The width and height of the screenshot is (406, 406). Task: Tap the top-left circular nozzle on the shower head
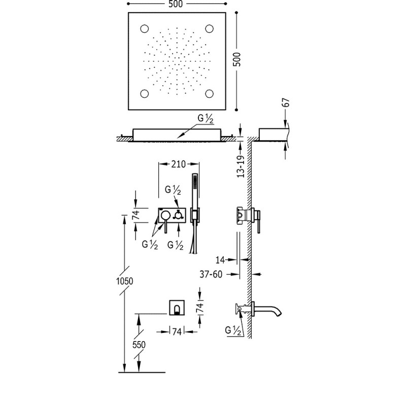coord(145,28)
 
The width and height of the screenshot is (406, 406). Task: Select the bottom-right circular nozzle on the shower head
coord(209,93)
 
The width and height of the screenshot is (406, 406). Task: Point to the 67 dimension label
coord(286,103)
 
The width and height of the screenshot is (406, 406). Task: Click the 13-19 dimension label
coord(241,166)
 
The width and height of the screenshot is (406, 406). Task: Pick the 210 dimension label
coord(179,164)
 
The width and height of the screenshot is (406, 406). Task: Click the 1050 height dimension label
coord(124,281)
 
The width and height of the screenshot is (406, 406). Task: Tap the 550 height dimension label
coord(139,345)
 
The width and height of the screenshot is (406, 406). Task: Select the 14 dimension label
coord(220,260)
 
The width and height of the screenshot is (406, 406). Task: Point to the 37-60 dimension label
coord(211,274)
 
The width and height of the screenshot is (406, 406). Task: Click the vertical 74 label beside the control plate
coord(136,215)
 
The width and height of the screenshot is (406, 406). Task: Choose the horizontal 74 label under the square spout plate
coord(177,331)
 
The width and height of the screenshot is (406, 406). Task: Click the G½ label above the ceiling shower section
coord(206,119)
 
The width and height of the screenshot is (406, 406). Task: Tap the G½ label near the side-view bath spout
coord(233,330)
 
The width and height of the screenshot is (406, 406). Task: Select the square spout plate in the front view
coord(177,308)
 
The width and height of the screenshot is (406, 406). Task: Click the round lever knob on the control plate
coord(165,214)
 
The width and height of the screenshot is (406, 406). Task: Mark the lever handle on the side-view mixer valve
coord(258,222)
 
